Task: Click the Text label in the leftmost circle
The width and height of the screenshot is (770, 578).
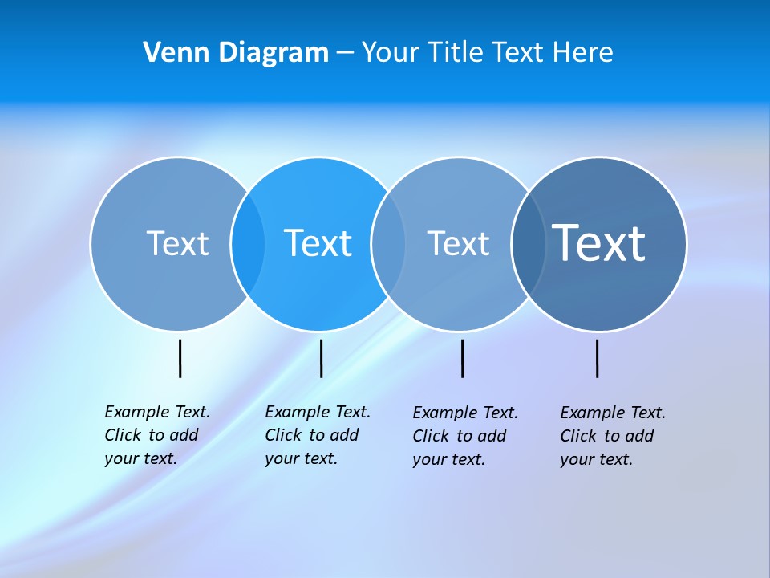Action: pyautogui.click(x=177, y=243)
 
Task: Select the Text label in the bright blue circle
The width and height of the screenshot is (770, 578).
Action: pyautogui.click(x=318, y=243)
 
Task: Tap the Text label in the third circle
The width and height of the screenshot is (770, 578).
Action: pyautogui.click(x=458, y=244)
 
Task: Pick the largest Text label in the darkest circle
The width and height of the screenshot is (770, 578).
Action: pyautogui.click(x=599, y=243)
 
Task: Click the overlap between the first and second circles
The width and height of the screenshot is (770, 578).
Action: pyautogui.click(x=248, y=244)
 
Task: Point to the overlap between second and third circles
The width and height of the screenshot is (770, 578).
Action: pyautogui.click(x=388, y=244)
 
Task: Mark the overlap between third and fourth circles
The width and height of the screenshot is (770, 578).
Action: pyautogui.click(x=529, y=244)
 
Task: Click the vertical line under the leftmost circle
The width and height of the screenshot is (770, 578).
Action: pyautogui.click(x=180, y=358)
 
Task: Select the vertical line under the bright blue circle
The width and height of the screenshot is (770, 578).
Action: pyautogui.click(x=321, y=358)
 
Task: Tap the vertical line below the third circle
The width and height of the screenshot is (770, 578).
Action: pyautogui.click(x=462, y=358)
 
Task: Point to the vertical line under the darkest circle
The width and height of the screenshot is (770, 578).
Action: pyautogui.click(x=597, y=358)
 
